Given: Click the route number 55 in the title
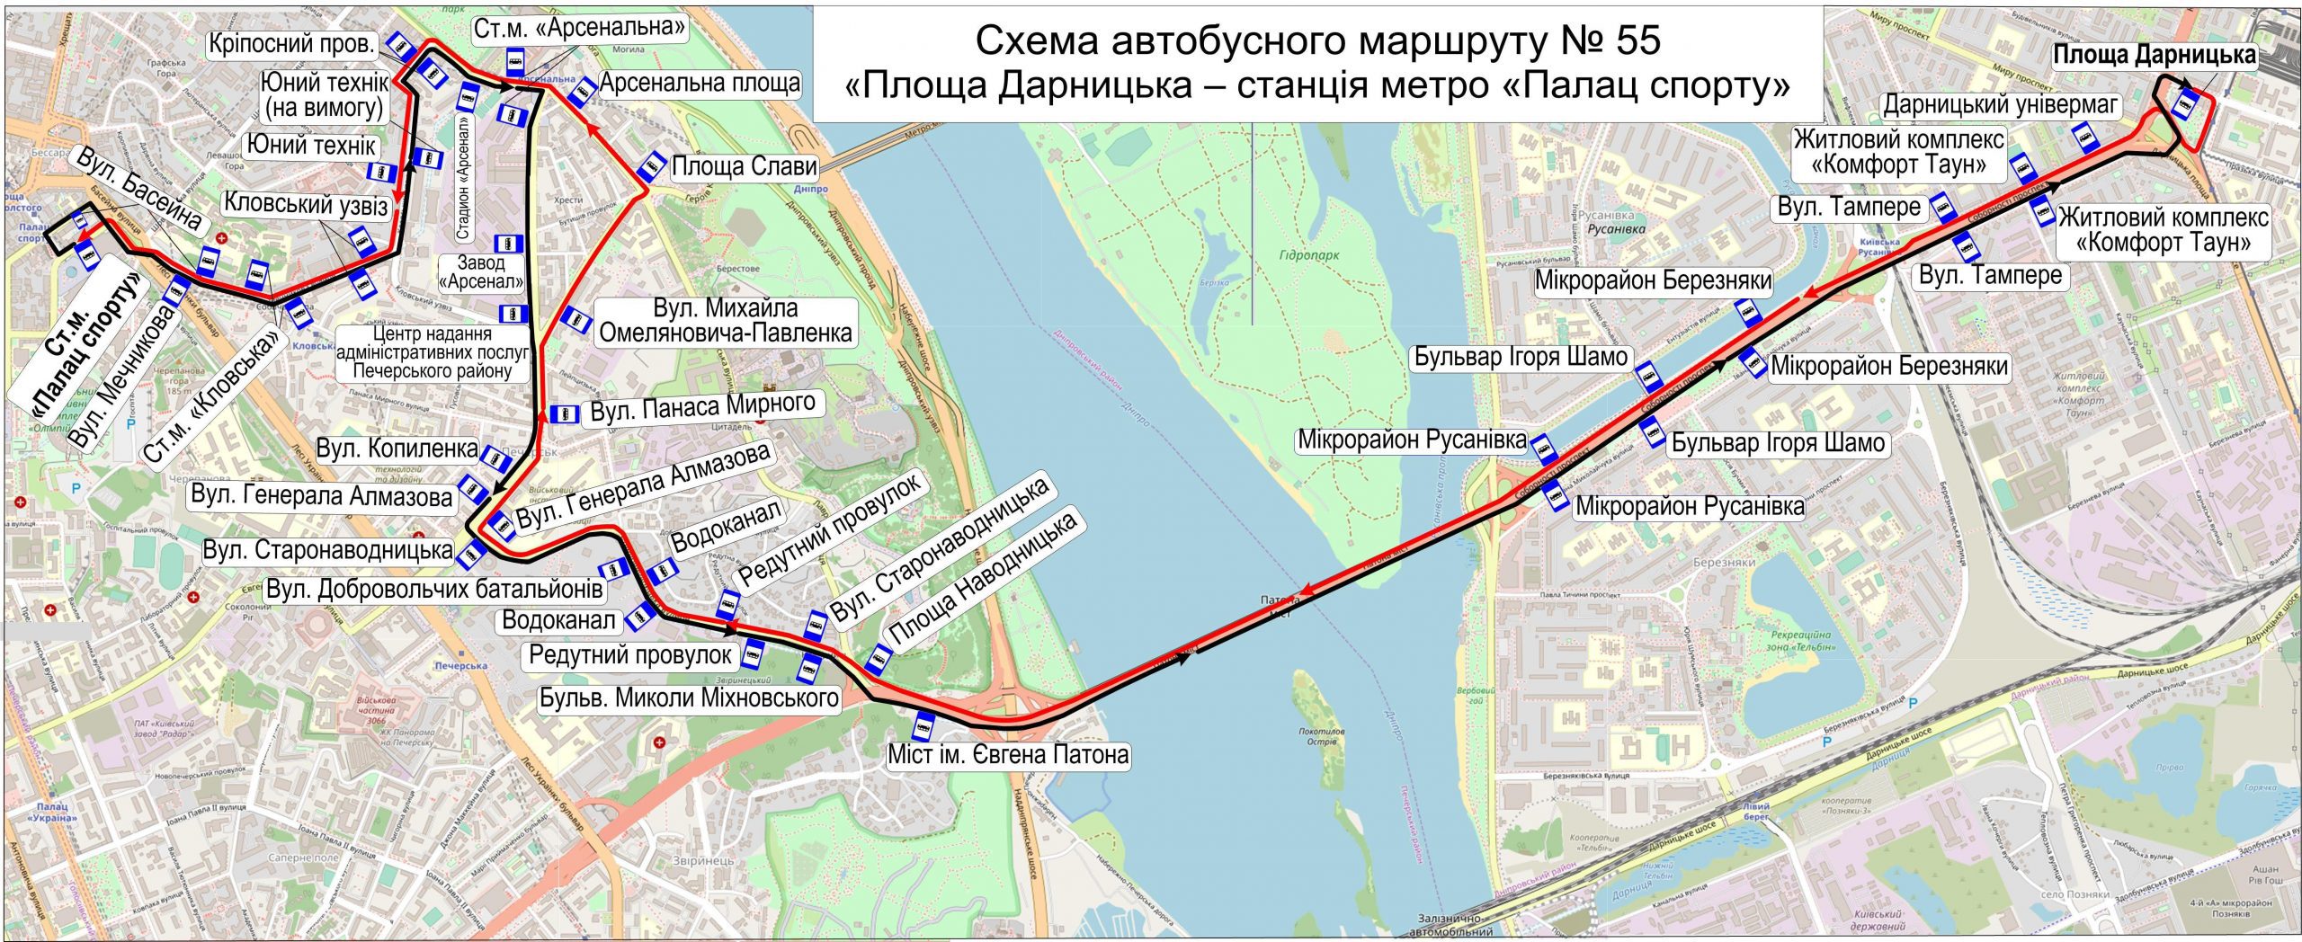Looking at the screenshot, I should [x=1628, y=41].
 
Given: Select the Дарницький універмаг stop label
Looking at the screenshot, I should [x=2001, y=105].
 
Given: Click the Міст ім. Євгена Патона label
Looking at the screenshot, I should [x=1007, y=754].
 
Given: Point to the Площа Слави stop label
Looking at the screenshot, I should [x=745, y=166].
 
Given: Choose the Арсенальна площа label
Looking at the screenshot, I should [x=700, y=84].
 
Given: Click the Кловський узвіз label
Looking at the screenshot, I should [x=306, y=206].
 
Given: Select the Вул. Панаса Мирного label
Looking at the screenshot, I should [x=702, y=407].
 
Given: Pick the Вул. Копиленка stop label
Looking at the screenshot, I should [x=397, y=448].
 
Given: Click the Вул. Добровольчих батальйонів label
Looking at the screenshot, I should [x=434, y=590].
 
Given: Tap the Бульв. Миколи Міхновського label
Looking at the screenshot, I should [x=689, y=698].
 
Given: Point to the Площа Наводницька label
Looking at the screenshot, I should [x=982, y=584].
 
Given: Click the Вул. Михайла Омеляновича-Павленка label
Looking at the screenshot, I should [x=725, y=321].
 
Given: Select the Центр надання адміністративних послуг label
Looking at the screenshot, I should [x=432, y=352].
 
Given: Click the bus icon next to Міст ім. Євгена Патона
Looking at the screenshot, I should [x=923, y=724].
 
